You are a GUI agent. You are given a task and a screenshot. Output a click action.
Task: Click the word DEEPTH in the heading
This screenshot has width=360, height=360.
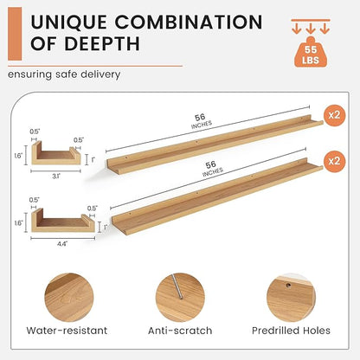(101, 44)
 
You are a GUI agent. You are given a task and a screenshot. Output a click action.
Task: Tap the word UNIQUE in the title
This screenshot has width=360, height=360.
(68, 22)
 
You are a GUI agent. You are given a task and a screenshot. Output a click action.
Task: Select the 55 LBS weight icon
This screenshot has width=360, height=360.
(311, 52)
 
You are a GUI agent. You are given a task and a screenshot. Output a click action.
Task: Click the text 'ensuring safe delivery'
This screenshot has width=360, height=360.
(64, 74)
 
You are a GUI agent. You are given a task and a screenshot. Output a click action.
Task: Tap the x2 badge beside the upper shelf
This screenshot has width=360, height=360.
(334, 115)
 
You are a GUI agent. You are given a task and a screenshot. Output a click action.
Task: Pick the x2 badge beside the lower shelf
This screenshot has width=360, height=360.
(334, 161)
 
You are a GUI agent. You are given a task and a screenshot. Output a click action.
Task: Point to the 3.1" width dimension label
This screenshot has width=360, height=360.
(56, 177)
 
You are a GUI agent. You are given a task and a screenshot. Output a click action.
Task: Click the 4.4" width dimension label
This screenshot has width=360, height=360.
(62, 244)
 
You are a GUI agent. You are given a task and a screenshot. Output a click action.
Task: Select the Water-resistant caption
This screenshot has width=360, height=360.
(67, 331)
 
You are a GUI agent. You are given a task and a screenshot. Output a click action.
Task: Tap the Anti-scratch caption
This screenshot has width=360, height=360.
(180, 331)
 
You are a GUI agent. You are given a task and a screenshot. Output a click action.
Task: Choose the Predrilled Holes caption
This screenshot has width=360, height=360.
(291, 331)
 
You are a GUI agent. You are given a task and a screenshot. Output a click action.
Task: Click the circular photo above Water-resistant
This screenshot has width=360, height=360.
(69, 298)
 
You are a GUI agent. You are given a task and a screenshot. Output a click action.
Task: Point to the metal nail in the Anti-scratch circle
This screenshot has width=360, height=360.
(177, 286)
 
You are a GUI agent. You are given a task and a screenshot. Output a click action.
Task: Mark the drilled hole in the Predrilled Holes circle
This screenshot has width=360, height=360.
(288, 286)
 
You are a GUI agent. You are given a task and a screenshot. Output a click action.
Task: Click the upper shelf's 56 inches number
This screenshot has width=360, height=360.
(200, 118)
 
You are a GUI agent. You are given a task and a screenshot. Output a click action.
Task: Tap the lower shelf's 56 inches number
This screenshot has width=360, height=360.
(211, 164)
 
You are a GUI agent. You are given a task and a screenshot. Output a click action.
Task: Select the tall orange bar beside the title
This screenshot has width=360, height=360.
(15, 34)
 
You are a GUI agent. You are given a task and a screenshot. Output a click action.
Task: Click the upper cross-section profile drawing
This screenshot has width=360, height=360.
(56, 153)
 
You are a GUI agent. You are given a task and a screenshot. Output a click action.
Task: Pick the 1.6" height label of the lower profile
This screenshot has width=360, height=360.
(18, 223)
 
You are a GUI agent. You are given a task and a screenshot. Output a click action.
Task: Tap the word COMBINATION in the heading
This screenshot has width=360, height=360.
(189, 22)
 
